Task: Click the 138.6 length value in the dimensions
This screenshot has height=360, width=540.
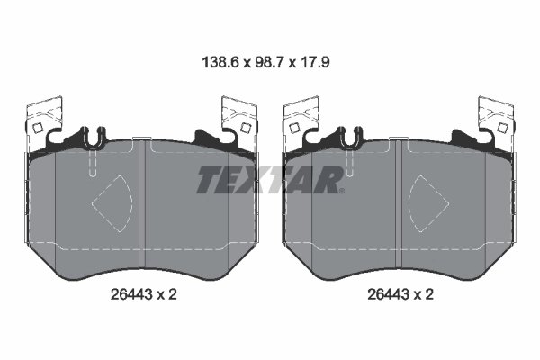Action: tap(218, 64)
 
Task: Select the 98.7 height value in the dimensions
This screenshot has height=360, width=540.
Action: tap(270, 64)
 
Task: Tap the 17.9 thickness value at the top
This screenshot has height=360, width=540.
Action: tap(319, 64)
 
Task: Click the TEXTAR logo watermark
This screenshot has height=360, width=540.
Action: tap(268, 180)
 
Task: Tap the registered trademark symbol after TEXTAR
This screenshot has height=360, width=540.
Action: tap(340, 190)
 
